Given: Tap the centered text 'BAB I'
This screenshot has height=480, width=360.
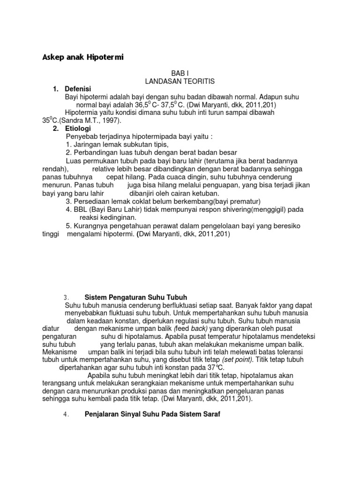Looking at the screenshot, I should (x=180, y=74).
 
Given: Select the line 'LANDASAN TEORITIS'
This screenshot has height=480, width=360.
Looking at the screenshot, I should (x=180, y=81).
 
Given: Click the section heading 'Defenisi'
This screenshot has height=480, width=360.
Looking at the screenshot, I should (x=78, y=89).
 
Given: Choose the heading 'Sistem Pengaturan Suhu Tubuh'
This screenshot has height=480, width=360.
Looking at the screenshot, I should (x=135, y=297).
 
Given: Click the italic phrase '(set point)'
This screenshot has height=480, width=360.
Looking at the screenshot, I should (x=237, y=360).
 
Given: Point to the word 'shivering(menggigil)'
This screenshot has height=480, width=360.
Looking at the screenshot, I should (x=250, y=210).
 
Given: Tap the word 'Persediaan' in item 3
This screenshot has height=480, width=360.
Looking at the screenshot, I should (x=91, y=202).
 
